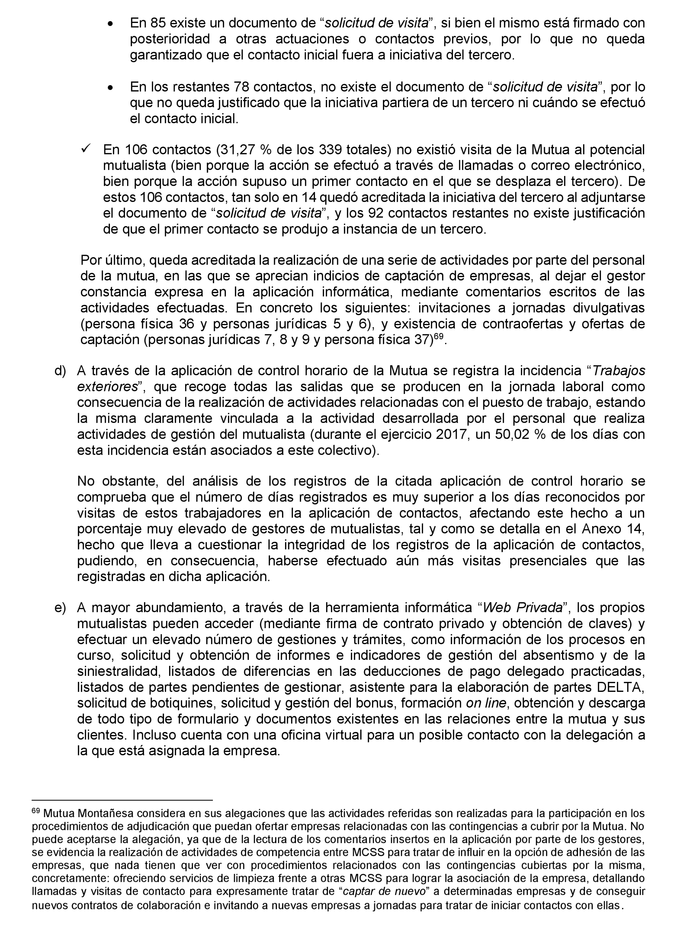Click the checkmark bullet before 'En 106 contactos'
pos(87,148)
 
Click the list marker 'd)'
pos(60,371)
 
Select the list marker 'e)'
pos(60,608)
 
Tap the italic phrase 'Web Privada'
pos(522,608)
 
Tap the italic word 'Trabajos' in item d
pos(619,371)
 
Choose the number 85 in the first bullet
pos(158,23)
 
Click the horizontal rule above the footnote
pos(122,799)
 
